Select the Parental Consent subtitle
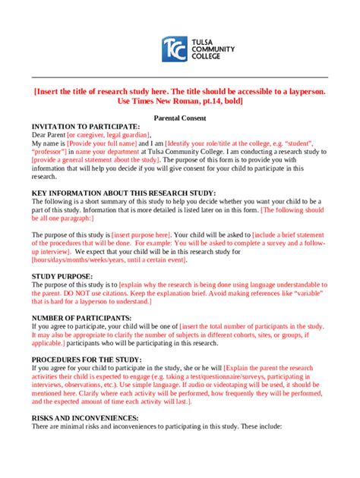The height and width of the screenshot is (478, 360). tap(180, 119)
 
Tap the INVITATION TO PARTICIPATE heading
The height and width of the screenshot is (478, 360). tap(86, 126)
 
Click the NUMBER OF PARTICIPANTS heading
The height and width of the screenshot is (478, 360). tap(81, 319)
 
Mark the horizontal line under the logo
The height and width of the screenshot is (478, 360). tap(180, 77)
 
